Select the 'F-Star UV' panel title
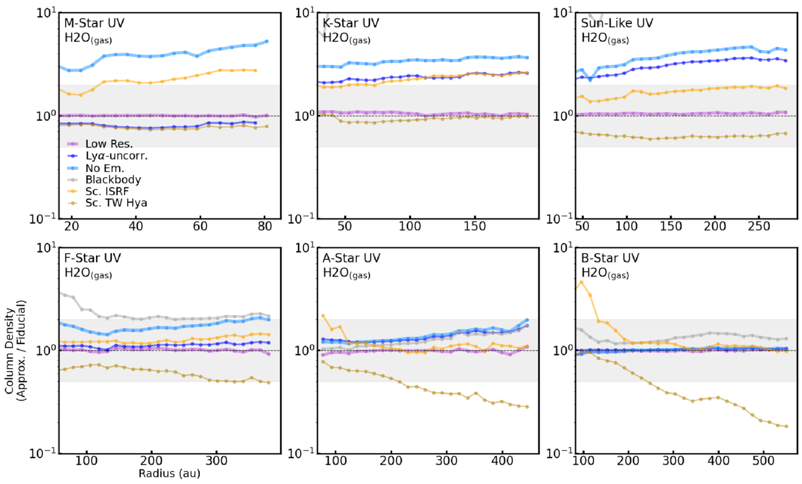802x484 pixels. click(92, 258)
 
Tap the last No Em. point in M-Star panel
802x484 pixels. click(266, 41)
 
